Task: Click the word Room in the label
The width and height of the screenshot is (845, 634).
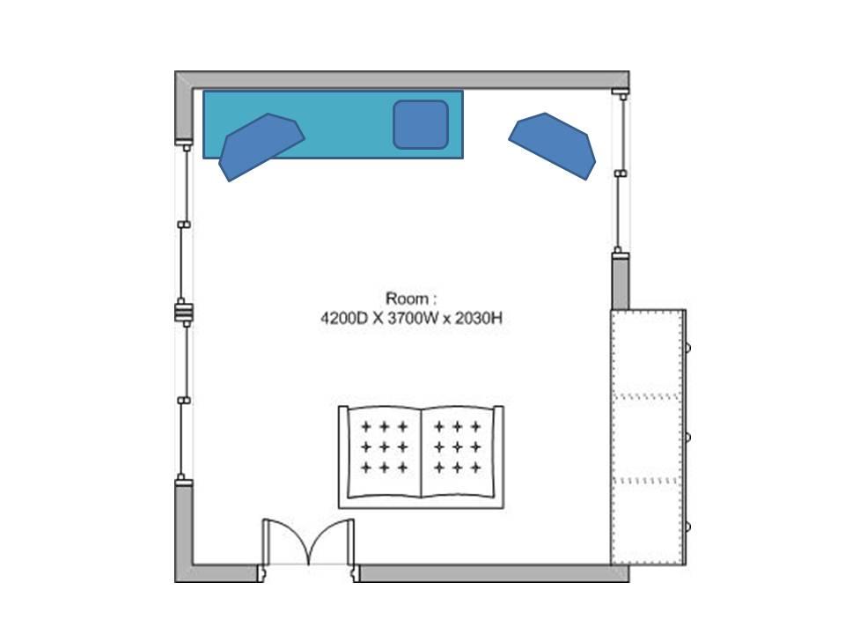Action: (408, 299)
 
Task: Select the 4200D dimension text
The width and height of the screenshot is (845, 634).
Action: (344, 318)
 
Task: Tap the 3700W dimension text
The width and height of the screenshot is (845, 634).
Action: (413, 318)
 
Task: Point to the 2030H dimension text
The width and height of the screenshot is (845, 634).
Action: (479, 318)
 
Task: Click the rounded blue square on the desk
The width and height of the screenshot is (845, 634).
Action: (421, 124)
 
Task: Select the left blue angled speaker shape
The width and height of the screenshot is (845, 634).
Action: (261, 146)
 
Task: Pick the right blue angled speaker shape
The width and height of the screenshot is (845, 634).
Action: (553, 145)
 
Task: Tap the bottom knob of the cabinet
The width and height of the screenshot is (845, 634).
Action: (687, 527)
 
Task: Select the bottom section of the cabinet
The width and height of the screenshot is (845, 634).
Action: (647, 522)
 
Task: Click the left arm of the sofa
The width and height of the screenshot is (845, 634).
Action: (343, 457)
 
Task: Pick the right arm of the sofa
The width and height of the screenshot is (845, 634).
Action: (498, 457)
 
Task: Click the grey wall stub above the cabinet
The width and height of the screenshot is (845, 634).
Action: (621, 282)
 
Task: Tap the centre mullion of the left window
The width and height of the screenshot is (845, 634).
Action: (184, 312)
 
